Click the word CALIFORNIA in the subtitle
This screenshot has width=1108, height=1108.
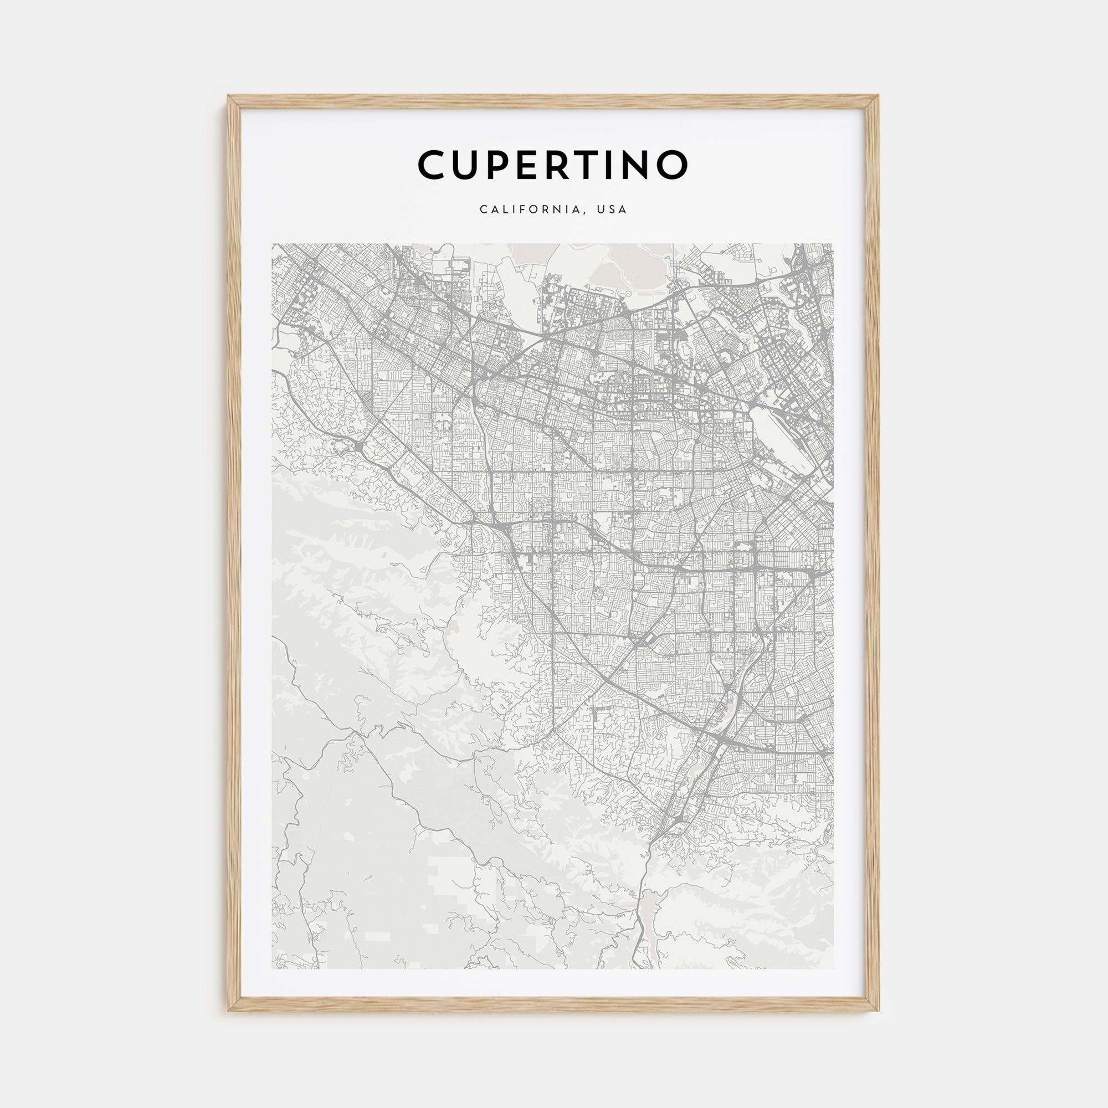[x=532, y=209]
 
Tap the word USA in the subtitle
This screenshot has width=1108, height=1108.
[x=612, y=209]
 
